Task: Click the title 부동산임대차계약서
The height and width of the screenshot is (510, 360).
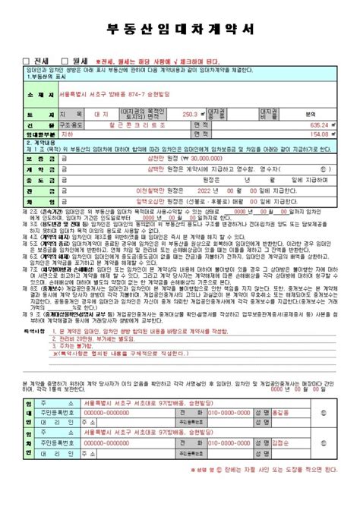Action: pyautogui.click(x=180, y=31)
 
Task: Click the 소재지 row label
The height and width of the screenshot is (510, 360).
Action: pyautogui.click(x=26, y=96)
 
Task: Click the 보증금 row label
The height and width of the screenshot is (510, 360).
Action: pyautogui.click(x=26, y=159)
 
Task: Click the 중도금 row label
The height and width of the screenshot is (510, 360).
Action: pyautogui.click(x=26, y=181)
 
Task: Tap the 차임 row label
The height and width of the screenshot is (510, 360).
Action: pyautogui.click(x=26, y=202)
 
